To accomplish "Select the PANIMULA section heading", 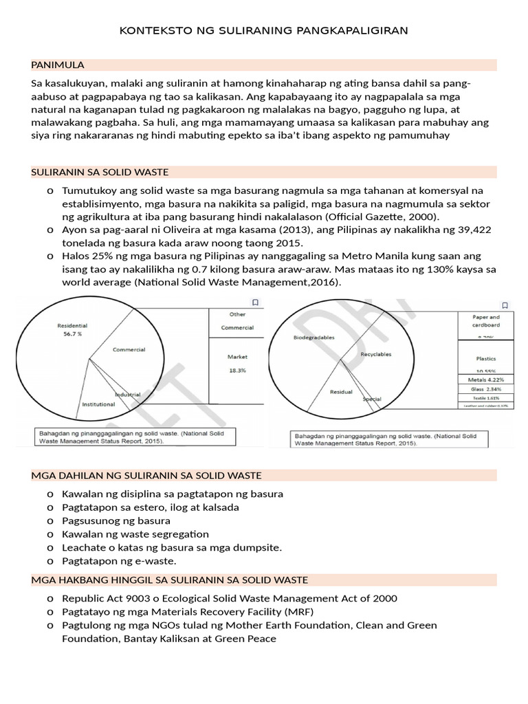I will [58, 65].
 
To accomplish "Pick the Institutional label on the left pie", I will [98, 405].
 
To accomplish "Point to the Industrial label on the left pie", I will [128, 395].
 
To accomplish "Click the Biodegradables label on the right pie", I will [313, 338].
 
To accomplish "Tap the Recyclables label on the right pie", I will [375, 354].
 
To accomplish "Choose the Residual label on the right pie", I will [341, 392].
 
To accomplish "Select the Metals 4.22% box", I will [485, 379].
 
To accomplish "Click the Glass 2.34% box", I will [485, 389].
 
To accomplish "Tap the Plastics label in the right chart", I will [485, 358].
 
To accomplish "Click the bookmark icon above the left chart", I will [254, 302].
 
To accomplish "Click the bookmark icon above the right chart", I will [505, 305].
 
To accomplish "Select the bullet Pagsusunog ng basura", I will [116, 520].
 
